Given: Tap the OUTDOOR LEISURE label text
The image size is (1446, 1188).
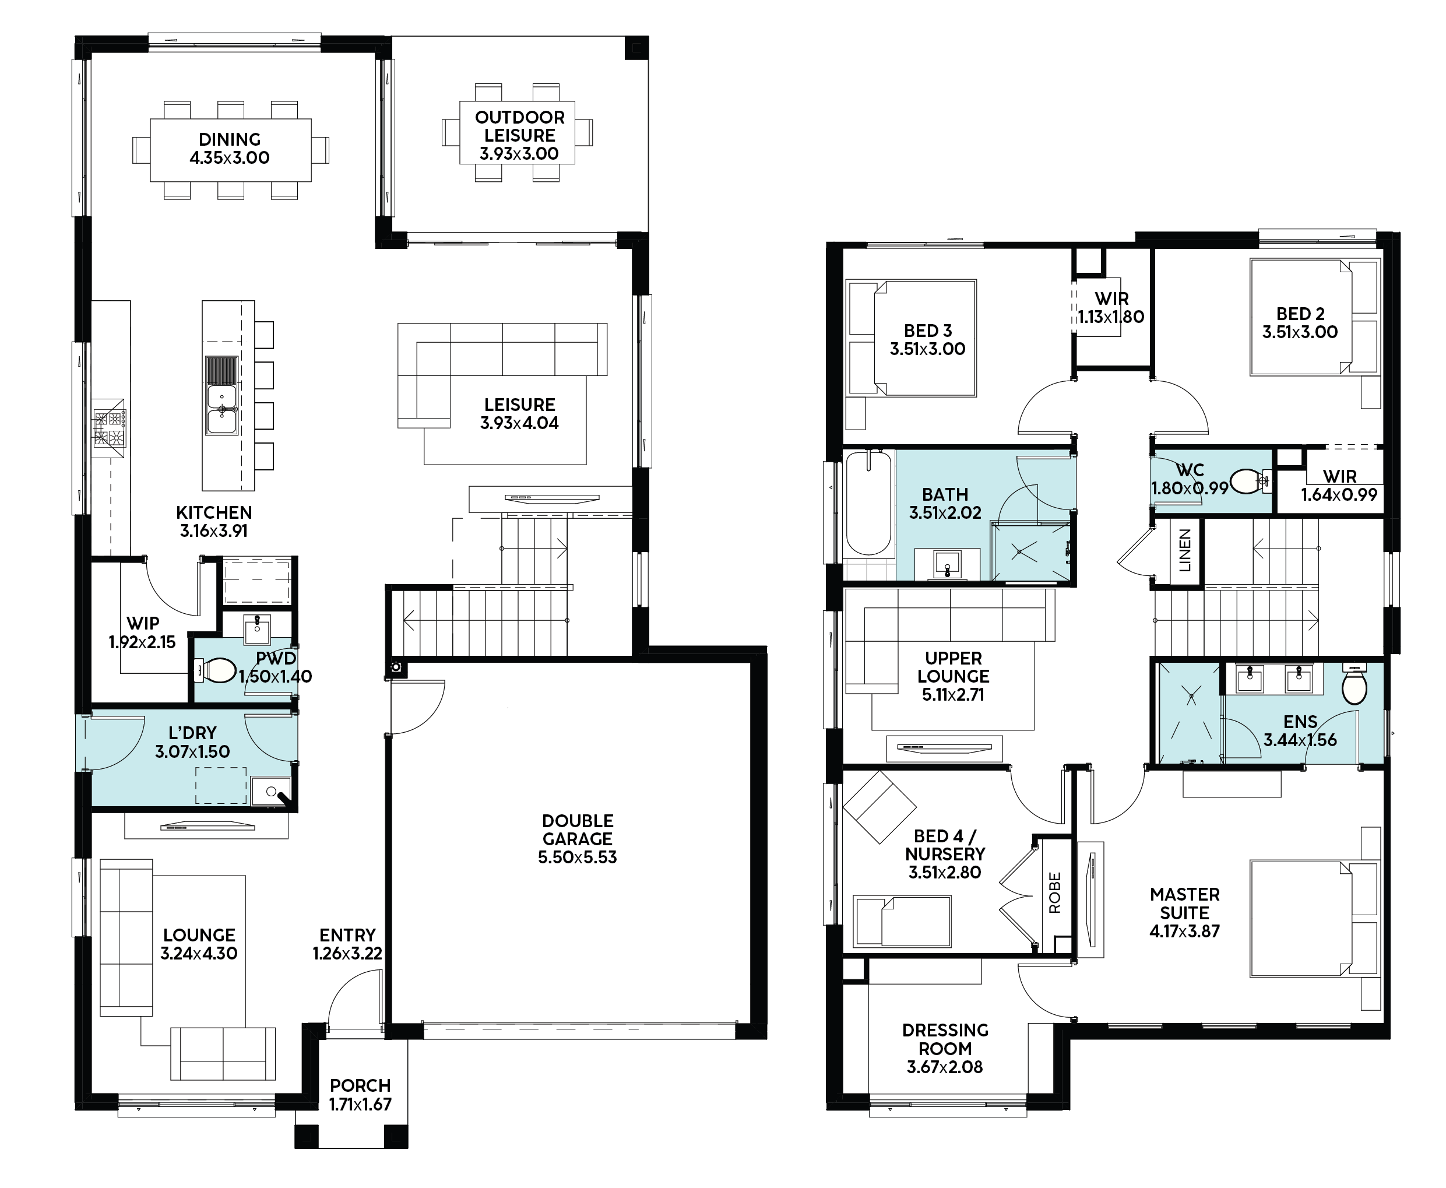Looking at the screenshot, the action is pyautogui.click(x=520, y=126).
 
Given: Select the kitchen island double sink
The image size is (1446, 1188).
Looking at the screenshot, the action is pyautogui.click(x=221, y=409).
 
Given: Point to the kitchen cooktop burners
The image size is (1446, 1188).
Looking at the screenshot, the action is pyautogui.click(x=110, y=428).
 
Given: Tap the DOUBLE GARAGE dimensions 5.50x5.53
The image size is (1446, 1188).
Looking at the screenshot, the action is pyautogui.click(x=578, y=857).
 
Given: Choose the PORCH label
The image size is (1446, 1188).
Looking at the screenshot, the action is pyautogui.click(x=361, y=1085).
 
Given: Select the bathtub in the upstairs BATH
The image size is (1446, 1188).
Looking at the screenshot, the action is pyautogui.click(x=869, y=503).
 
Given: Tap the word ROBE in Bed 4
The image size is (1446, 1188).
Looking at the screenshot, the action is pyautogui.click(x=1054, y=892).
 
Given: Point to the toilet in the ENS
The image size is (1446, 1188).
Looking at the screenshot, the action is pyautogui.click(x=1354, y=684).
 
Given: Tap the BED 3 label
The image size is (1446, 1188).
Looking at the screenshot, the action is pyautogui.click(x=928, y=331).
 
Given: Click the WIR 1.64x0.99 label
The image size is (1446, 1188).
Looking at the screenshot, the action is pyautogui.click(x=1339, y=485).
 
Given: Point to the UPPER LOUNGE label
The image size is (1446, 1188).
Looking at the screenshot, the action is pyautogui.click(x=954, y=667).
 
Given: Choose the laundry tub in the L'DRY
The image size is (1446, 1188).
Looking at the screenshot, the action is pyautogui.click(x=271, y=792).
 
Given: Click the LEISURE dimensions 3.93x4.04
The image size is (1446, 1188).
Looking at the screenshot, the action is pyautogui.click(x=519, y=423).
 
